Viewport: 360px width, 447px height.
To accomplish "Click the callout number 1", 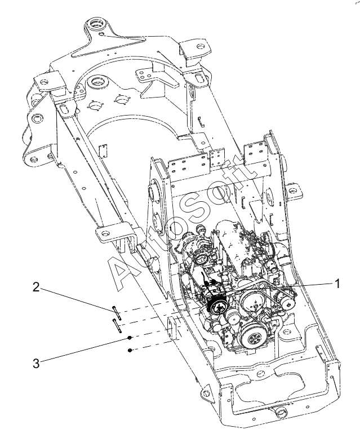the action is tap(337, 284).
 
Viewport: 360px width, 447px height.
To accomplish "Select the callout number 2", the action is tap(35, 287).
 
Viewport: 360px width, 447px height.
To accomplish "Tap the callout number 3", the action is tap(36, 364).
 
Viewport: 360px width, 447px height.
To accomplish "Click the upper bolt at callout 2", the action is tap(117, 312).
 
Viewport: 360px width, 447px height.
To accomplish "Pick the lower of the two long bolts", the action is tap(117, 325).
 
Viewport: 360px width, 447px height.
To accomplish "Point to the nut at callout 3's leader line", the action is tap(129, 338).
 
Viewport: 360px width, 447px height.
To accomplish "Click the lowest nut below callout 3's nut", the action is tap(130, 350).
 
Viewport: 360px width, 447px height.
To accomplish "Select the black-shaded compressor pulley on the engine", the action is tap(217, 307).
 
